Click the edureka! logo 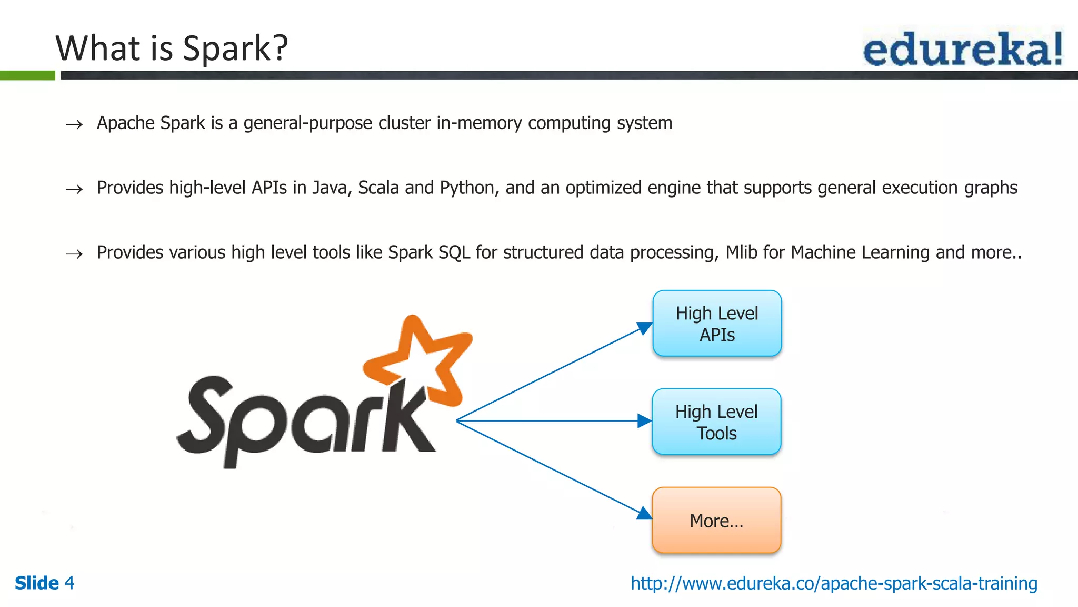pos(962,49)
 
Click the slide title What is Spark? pos(172,48)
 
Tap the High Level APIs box pos(717,324)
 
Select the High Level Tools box pos(716,422)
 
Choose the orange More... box pos(716,521)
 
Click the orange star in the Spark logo pos(421,358)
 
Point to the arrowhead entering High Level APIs pos(644,328)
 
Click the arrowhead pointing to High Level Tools pos(644,421)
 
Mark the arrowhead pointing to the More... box pos(644,513)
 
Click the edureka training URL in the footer pos(834,583)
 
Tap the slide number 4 pos(69,583)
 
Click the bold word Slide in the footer pos(37,583)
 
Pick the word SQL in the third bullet pos(454,252)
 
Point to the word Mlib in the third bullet pos(742,252)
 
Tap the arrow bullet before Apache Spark pos(74,124)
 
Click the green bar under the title pos(27,75)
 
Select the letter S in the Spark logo pos(205,419)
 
